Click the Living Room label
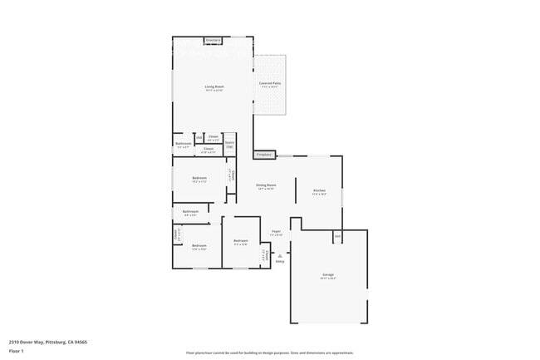pos(215,87)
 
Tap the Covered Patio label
pos(269,83)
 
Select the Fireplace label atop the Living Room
pos(214,39)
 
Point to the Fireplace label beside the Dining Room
pos(264,155)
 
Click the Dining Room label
pos(265,185)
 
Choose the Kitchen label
pos(320,191)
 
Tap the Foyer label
pos(276,232)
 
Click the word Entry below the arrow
pos(280,262)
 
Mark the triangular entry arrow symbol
pos(280,255)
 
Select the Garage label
pos(328,274)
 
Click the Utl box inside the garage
pos(337,236)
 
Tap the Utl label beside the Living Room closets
pos(199,137)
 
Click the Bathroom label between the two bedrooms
pos(189,212)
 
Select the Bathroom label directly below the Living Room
pos(183,145)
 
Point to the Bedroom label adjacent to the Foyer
pos(240,242)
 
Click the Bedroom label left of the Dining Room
pos(199,179)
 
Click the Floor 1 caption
pos(17,351)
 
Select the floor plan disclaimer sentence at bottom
pos(270,353)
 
